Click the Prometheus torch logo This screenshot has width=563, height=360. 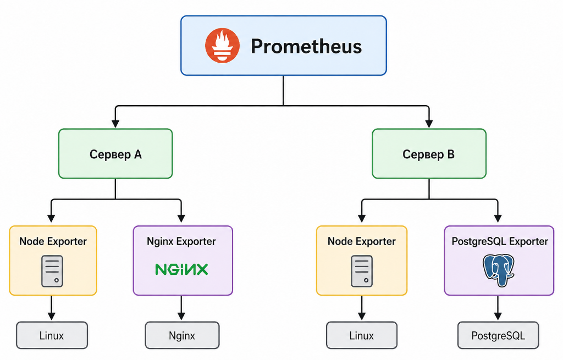tap(222, 46)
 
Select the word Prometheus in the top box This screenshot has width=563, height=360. tap(306, 46)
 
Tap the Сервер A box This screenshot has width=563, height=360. tap(115, 154)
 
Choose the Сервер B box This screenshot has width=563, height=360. tap(429, 154)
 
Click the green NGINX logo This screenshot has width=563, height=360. tap(181, 269)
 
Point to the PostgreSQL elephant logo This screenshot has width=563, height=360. tap(498, 270)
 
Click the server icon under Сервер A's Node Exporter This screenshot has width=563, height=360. tap(52, 272)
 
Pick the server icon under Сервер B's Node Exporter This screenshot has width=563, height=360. tap(362, 272)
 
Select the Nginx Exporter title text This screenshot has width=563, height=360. tap(181, 241)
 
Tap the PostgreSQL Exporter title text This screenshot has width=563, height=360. tap(499, 241)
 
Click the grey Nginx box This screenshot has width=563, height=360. tap(182, 335)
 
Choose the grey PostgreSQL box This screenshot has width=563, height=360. tap(498, 335)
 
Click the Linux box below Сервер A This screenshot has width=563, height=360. tap(52, 335)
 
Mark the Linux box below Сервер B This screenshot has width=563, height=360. tap(362, 335)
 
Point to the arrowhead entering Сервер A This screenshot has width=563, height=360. tap(115, 124)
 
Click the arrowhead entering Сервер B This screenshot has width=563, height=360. tap(429, 124)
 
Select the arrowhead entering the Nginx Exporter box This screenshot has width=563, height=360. tap(181, 218)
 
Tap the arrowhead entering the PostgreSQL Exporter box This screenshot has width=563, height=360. tap(498, 218)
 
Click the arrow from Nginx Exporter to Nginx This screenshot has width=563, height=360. tap(181, 308)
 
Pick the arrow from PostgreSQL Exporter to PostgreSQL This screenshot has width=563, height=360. tap(498, 308)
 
